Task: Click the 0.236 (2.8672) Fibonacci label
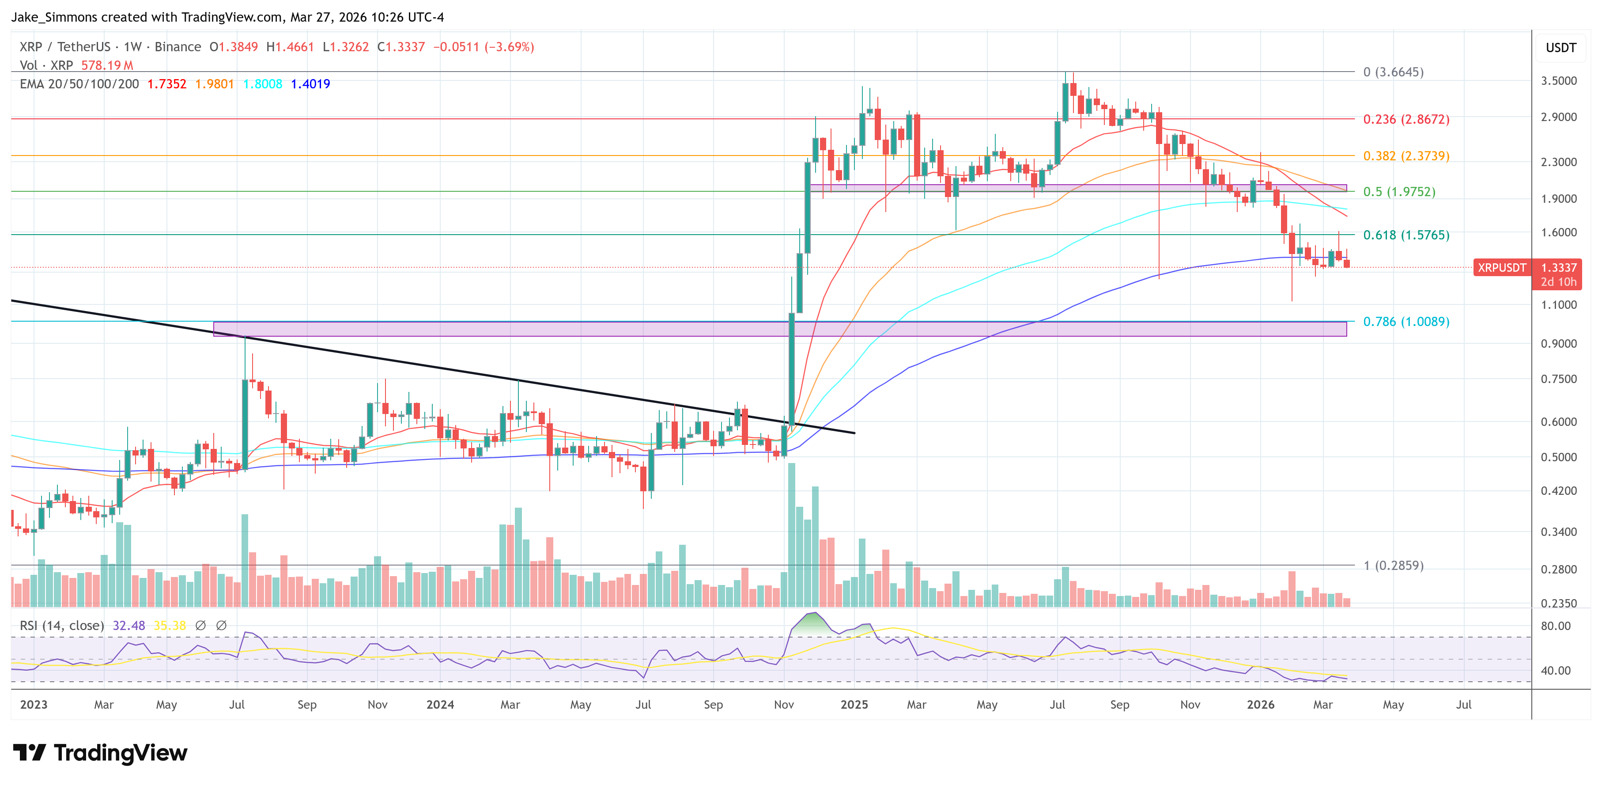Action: point(1406,119)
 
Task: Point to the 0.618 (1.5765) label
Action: point(1406,235)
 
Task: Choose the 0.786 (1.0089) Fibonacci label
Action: point(1406,321)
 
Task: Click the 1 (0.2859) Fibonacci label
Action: point(1393,565)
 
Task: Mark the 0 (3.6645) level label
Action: point(1393,72)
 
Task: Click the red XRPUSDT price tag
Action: point(1501,268)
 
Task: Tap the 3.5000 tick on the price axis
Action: point(1558,80)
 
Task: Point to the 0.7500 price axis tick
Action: point(1558,379)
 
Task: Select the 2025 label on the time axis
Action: point(854,704)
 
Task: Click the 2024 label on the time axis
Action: point(440,704)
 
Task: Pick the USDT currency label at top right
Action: point(1560,48)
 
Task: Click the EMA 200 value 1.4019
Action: point(310,84)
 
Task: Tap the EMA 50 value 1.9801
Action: point(215,84)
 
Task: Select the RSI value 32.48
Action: point(128,626)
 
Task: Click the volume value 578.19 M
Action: point(107,65)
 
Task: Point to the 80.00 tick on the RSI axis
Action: point(1555,626)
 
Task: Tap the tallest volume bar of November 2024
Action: point(792,535)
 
